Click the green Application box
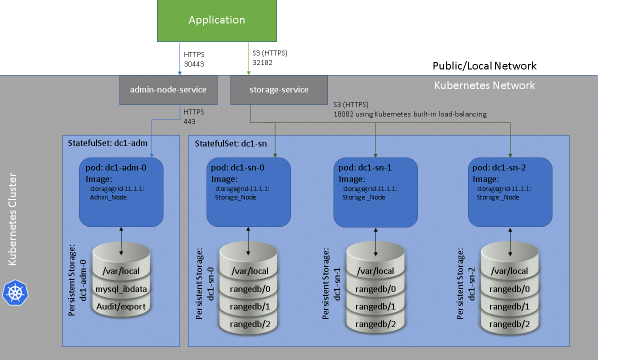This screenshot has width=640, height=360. click(216, 20)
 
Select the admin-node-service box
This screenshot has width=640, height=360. click(168, 90)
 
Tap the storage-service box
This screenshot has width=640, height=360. click(279, 90)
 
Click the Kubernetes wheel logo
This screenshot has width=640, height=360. click(15, 292)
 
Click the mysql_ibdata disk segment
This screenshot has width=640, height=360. click(121, 289)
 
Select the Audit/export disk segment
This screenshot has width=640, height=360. click(121, 306)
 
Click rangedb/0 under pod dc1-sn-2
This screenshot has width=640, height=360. click(509, 289)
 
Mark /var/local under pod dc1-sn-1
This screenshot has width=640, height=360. click(375, 271)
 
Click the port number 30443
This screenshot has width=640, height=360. click(194, 64)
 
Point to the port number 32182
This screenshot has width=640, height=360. click(262, 62)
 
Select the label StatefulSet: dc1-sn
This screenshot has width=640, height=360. click(231, 143)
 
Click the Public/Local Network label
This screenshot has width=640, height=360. click(484, 66)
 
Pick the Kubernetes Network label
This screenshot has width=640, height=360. click(484, 85)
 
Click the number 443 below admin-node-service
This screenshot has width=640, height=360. click(189, 121)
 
